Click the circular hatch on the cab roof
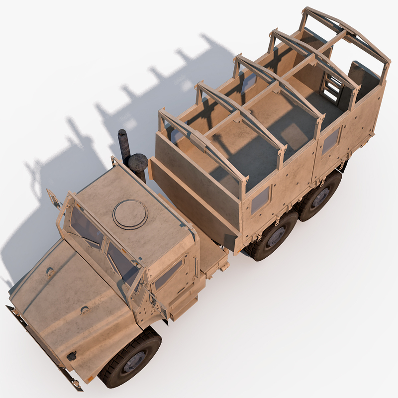[x=130, y=214]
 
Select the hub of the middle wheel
[x=275, y=237]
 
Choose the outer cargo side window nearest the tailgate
[x=330, y=141]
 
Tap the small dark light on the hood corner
[x=72, y=356]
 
